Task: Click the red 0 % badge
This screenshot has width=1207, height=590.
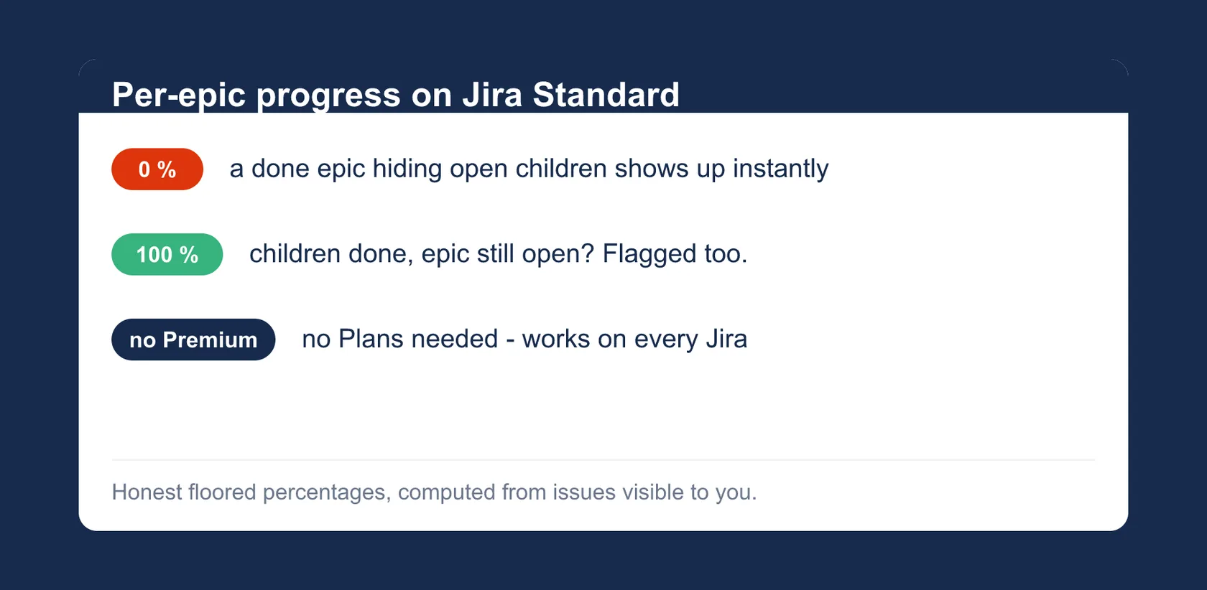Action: coord(157,169)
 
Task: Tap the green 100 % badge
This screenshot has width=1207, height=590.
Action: coord(167,254)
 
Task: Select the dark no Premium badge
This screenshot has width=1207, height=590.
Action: coord(193,340)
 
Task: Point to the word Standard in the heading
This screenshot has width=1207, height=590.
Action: coord(606,95)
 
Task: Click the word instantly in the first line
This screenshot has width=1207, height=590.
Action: coord(781,169)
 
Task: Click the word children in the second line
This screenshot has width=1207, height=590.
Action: coord(295,253)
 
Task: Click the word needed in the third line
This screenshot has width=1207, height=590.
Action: coord(455,339)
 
